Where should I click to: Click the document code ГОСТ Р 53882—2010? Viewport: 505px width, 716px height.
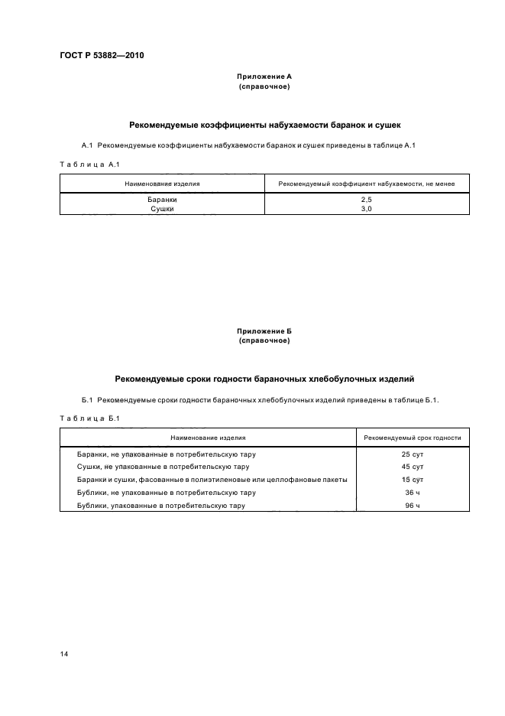(102, 55)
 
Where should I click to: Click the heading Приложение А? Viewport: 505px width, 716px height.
(264, 76)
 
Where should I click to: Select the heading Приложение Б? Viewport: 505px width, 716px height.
(264, 330)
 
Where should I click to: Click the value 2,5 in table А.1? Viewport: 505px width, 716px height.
(366, 199)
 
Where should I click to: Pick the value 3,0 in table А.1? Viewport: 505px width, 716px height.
(366, 207)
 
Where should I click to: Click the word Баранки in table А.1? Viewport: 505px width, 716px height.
(162, 199)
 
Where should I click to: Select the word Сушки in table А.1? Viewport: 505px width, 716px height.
(162, 207)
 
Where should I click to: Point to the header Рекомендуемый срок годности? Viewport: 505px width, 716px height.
(413, 438)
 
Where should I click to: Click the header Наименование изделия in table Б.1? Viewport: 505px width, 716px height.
(208, 438)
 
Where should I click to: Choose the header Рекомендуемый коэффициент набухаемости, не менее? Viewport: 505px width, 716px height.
(366, 184)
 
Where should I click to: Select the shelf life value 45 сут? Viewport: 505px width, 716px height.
(413, 467)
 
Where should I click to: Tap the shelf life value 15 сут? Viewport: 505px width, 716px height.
(413, 480)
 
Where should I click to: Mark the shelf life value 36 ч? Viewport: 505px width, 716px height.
(413, 493)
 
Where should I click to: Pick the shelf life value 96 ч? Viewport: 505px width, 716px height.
(413, 506)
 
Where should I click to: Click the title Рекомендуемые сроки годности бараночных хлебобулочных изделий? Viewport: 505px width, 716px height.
(264, 378)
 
